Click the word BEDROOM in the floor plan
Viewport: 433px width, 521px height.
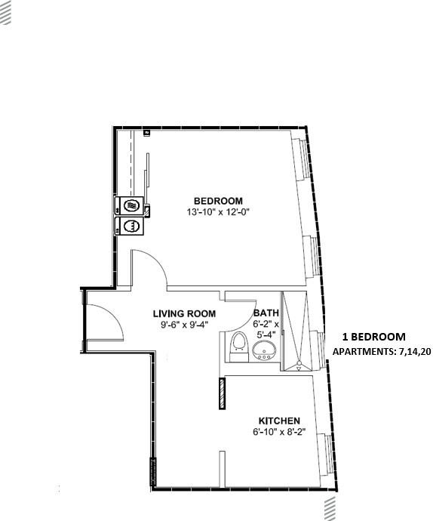coord(218,200)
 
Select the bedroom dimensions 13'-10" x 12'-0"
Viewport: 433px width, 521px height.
coord(218,212)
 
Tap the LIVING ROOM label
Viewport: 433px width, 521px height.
coord(184,313)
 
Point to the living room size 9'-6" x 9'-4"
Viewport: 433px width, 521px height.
coord(184,325)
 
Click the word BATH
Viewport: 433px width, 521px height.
coord(266,313)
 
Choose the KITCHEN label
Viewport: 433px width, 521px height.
coord(279,421)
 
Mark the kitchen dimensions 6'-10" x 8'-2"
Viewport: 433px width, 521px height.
coord(279,433)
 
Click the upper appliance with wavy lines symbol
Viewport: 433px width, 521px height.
coord(131,205)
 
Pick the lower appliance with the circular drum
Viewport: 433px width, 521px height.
coord(130,225)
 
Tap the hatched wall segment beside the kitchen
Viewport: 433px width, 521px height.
coord(222,393)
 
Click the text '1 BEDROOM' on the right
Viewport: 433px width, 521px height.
coord(373,337)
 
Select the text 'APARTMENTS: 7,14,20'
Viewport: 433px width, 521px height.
coord(381,352)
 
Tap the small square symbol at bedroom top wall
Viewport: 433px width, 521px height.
coord(146,133)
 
